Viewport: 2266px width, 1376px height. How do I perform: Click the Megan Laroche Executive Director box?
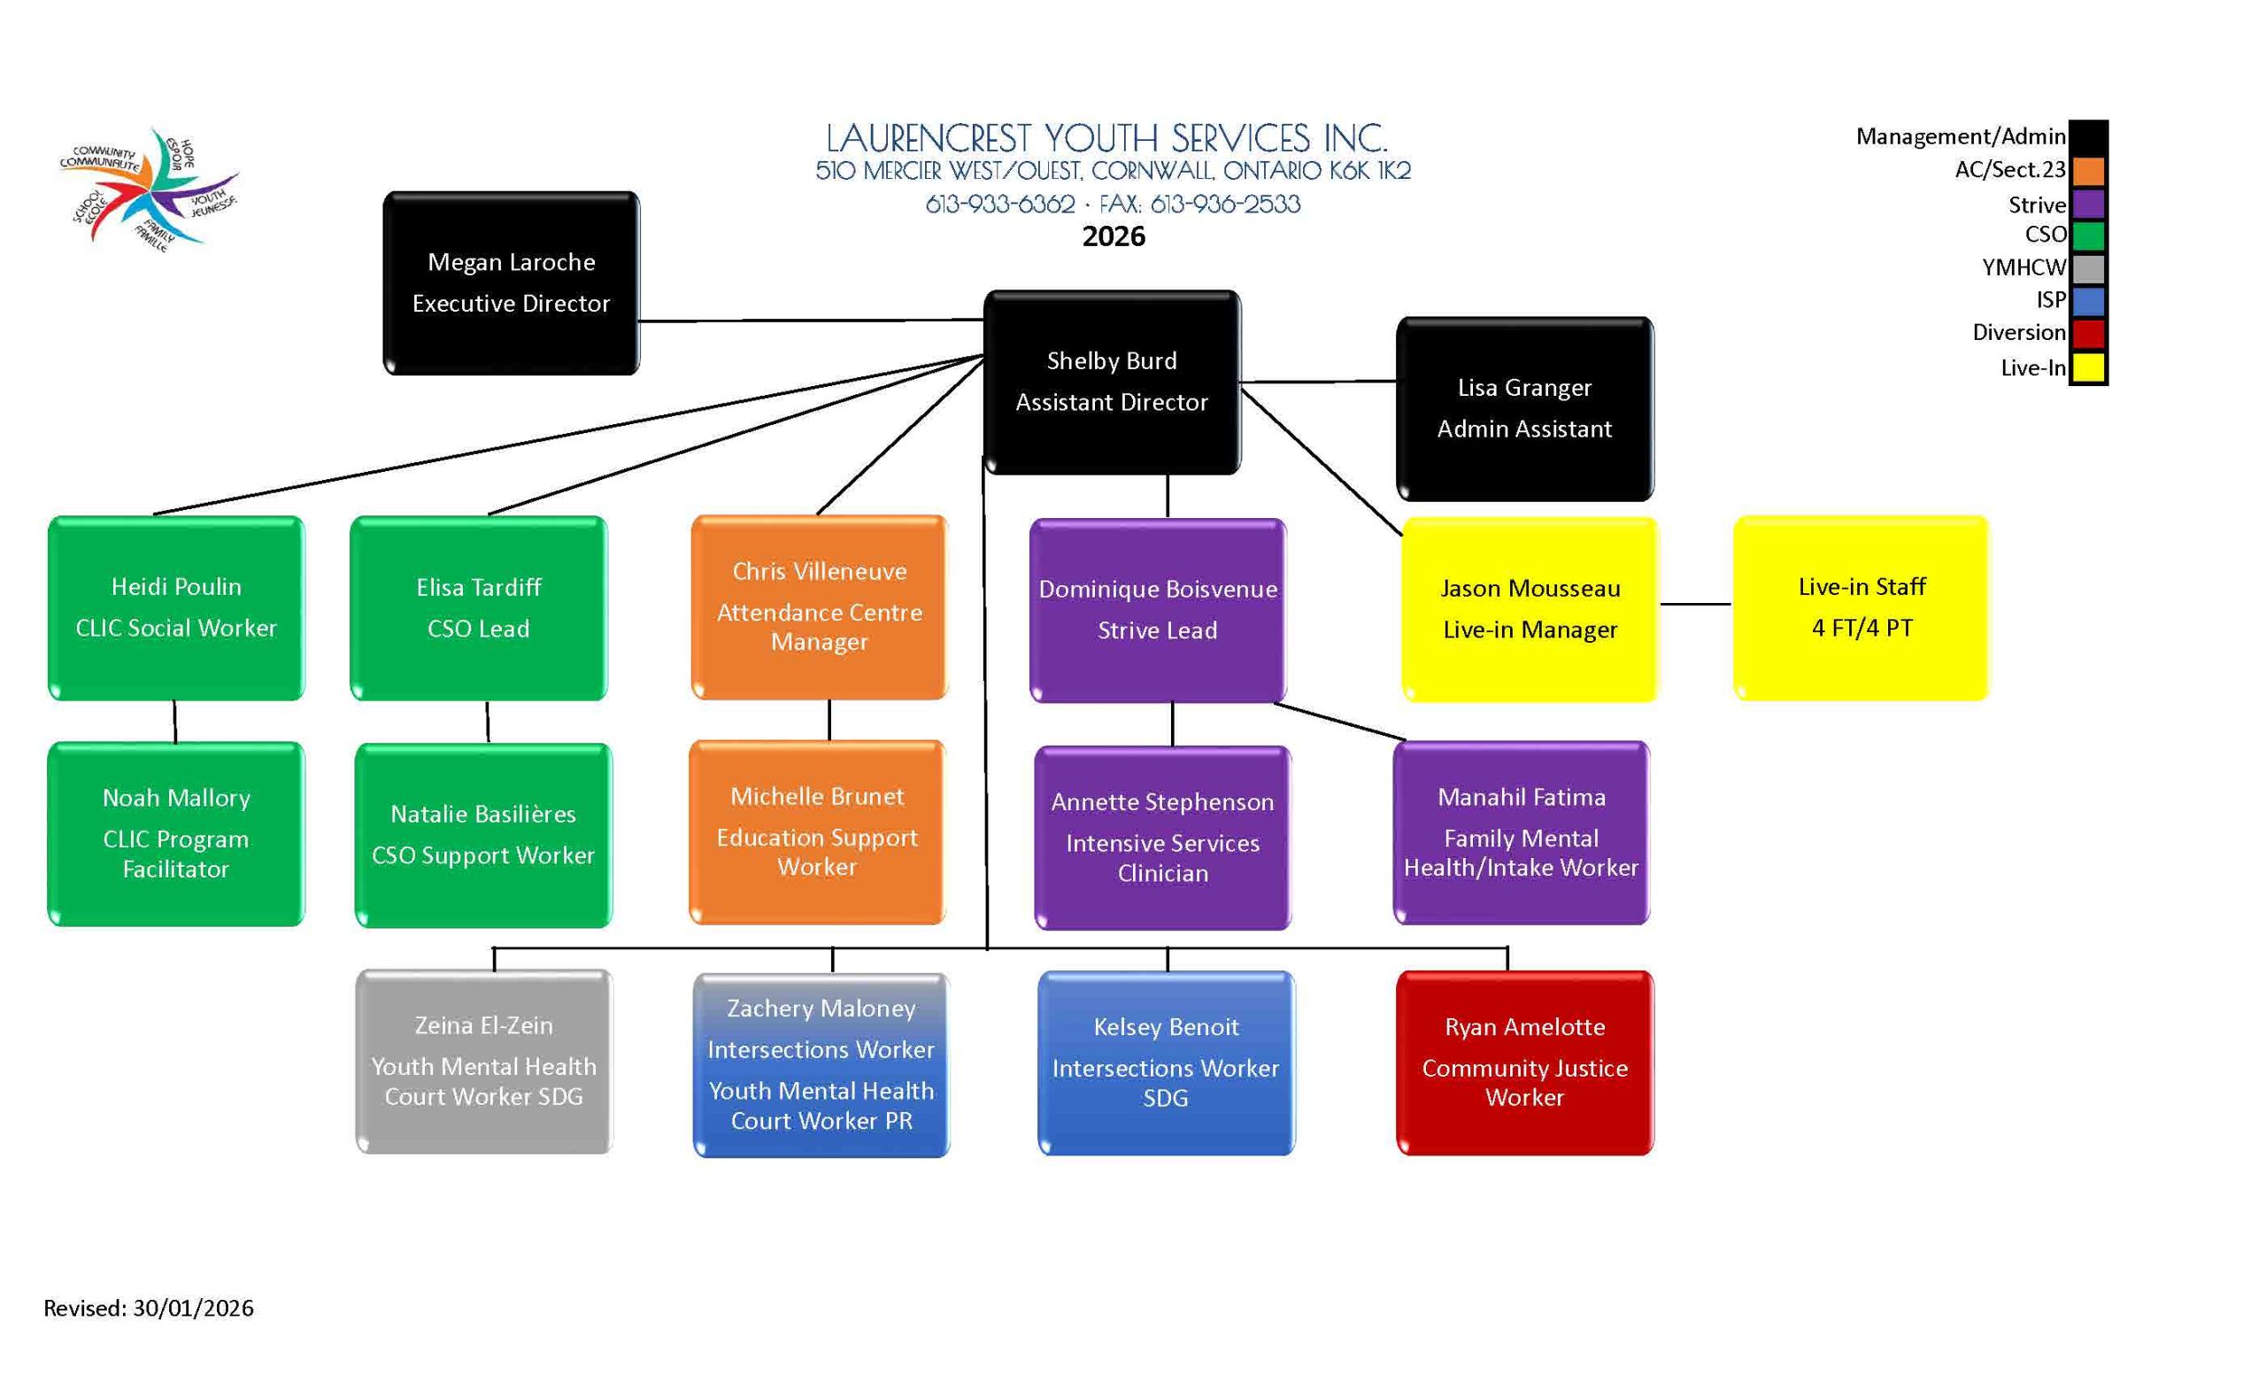(x=511, y=282)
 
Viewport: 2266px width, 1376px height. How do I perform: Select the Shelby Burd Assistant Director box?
(x=1111, y=382)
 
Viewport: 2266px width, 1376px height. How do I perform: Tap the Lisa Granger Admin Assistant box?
(x=1524, y=408)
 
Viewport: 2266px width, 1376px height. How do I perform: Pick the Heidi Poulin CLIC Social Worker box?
(x=175, y=607)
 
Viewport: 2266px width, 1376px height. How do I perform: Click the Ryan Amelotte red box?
(x=1524, y=1062)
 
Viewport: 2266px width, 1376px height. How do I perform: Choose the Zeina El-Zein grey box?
(x=483, y=1061)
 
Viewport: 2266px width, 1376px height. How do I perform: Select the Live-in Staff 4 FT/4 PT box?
(x=1861, y=607)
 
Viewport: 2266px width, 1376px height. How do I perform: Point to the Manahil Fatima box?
(x=1521, y=831)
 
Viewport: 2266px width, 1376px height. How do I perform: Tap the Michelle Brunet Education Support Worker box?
(x=817, y=831)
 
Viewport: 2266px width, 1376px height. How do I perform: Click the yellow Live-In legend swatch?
(x=2087, y=368)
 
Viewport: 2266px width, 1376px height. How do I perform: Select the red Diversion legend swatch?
(x=2087, y=333)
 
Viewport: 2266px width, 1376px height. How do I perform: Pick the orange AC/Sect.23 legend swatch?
(x=2087, y=170)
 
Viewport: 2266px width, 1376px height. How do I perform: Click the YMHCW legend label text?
(x=2023, y=267)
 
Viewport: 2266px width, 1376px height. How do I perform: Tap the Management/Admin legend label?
(x=1960, y=137)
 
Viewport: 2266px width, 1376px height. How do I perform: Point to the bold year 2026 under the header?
(x=1114, y=236)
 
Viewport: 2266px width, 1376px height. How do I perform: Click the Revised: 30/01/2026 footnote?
(x=149, y=1308)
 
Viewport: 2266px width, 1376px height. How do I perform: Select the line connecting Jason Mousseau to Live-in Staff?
(x=1695, y=604)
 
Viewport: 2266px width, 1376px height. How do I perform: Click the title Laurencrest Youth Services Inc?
(x=1106, y=139)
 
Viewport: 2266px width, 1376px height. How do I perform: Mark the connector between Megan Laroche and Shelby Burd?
(x=811, y=320)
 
